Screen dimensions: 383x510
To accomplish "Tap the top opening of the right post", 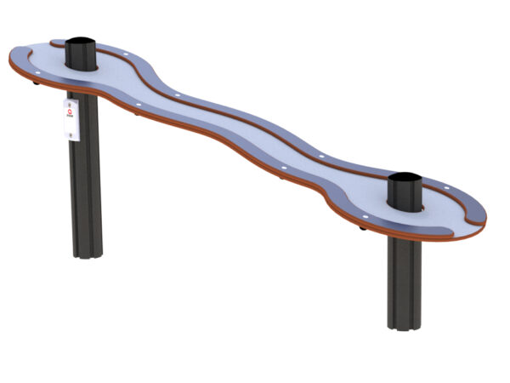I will [x=405, y=180].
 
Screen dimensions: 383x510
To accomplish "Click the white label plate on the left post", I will [x=71, y=119].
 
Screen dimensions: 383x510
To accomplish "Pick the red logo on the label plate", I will [x=71, y=120].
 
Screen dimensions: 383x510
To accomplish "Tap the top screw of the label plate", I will [x=71, y=103].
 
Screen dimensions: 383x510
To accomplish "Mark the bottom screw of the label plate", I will [x=71, y=135].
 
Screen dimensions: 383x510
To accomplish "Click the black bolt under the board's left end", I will [x=35, y=83].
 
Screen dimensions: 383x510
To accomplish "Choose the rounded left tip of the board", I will [x=14, y=60].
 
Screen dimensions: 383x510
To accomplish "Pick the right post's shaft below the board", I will [x=404, y=281].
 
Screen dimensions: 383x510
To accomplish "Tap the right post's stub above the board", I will [x=405, y=194].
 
